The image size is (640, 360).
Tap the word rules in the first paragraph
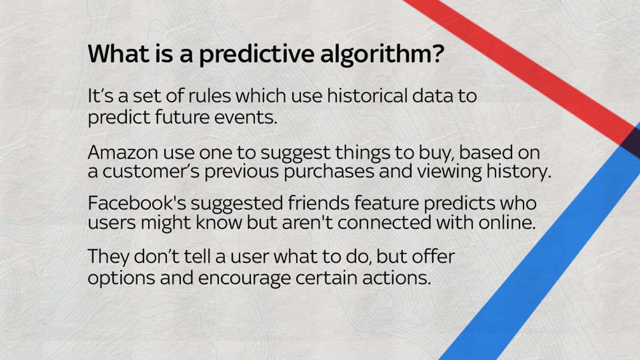click(x=210, y=96)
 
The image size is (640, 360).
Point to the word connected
click(x=384, y=222)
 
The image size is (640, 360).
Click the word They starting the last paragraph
click(x=108, y=256)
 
